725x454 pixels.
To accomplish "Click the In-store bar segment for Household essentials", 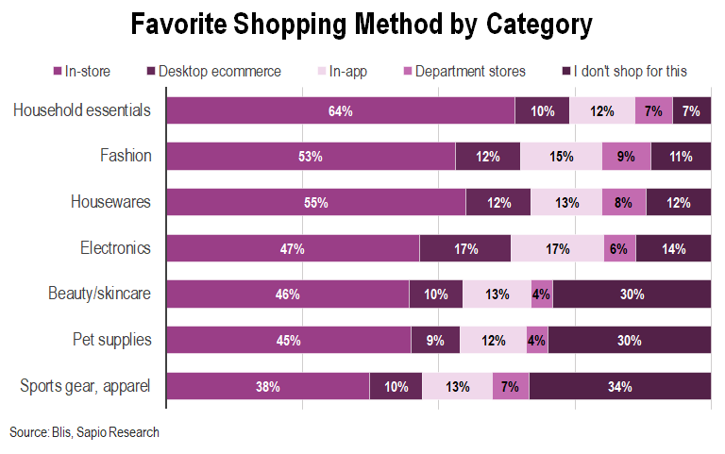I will pos(341,111).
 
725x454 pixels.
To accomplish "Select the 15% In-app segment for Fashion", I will pos(561,157).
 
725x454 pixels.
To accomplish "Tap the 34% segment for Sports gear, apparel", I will pos(619,386).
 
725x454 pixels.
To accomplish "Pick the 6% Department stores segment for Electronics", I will pos(619,249).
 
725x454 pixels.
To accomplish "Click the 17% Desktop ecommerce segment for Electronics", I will pos(464,249).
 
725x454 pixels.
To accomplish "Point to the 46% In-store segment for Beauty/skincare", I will pos(288,294).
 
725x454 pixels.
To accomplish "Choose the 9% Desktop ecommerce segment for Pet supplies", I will pos(435,340).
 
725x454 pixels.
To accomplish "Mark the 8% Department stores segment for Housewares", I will pos(623,203).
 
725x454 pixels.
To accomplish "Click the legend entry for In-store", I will pos(86,71).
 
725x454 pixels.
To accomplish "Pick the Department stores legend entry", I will pos(464,71).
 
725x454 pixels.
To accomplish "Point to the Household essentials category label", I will pos(82,110).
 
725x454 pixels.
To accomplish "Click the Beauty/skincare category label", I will pos(99,294).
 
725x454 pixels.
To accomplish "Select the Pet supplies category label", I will pos(111,340).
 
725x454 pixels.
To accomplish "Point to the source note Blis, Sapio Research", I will pos(84,432).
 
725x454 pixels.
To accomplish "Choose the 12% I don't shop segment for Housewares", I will pos(678,203).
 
